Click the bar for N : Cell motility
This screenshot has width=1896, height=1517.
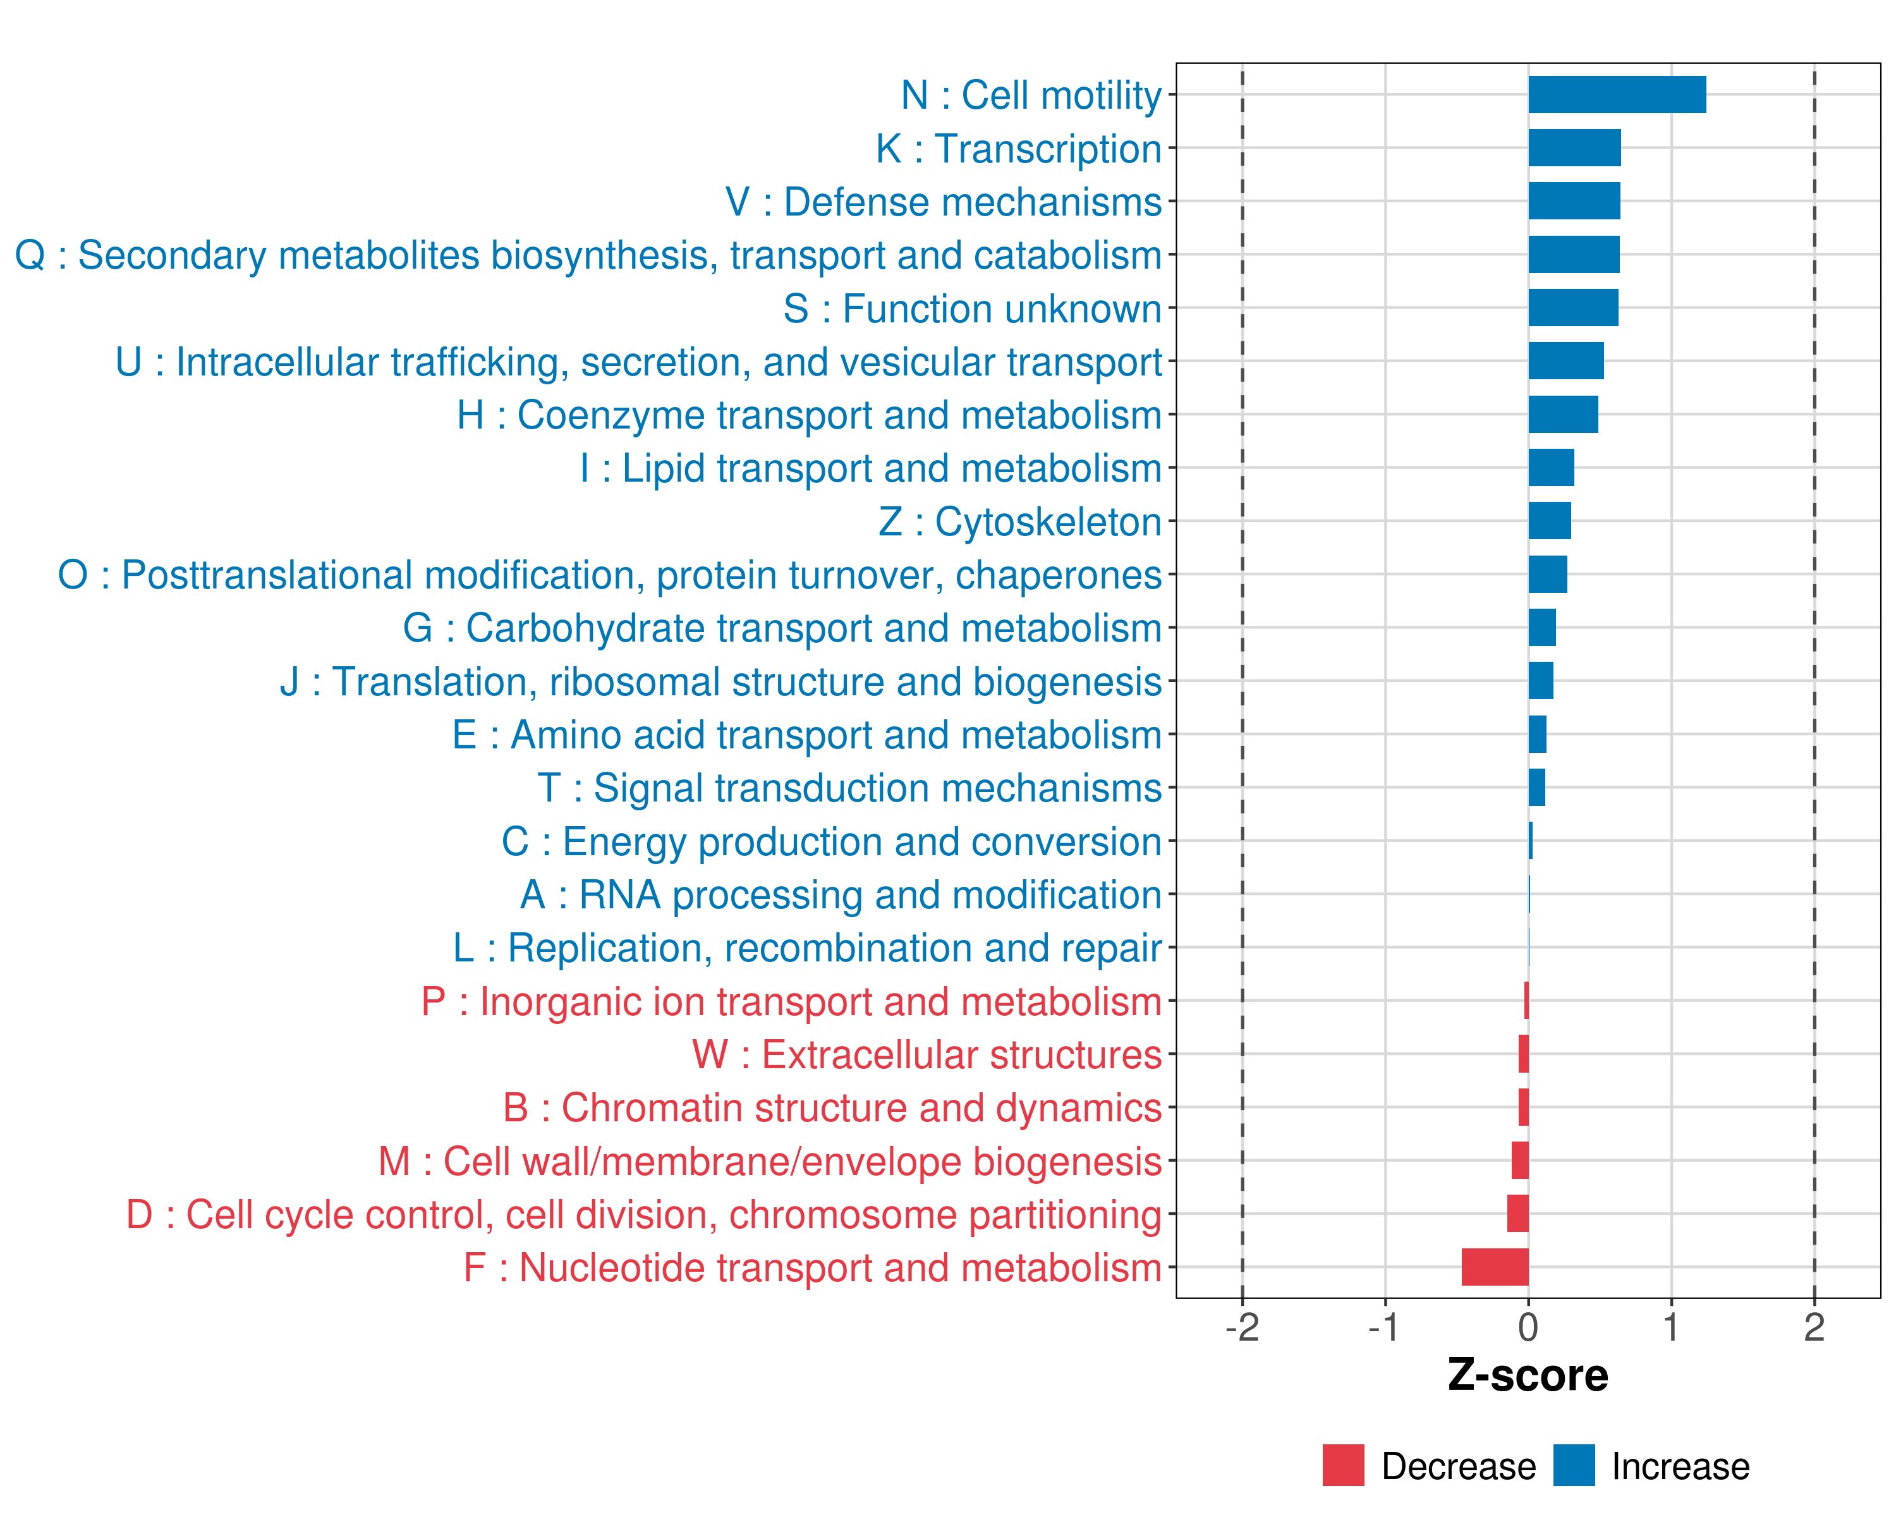[1617, 95]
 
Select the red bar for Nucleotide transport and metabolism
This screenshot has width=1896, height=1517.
[1495, 1267]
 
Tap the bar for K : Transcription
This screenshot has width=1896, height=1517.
[1574, 148]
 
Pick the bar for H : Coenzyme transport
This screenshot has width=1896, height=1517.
[1563, 414]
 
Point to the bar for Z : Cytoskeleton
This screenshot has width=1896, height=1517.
[1550, 521]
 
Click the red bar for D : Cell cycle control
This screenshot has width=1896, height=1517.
[1518, 1214]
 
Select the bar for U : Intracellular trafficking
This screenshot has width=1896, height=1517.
[1565, 360]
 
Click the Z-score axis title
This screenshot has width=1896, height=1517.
[1528, 1375]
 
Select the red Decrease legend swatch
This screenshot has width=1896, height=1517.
[1343, 1465]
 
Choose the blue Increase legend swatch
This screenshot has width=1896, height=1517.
[1573, 1465]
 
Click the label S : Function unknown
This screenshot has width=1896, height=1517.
[973, 308]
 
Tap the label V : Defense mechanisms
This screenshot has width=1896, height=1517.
[944, 202]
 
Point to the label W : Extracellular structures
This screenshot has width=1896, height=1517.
[927, 1054]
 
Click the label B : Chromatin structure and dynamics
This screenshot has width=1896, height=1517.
[832, 1108]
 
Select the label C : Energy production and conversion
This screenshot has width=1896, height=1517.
[832, 841]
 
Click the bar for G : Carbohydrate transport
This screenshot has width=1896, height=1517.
[1541, 628]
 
